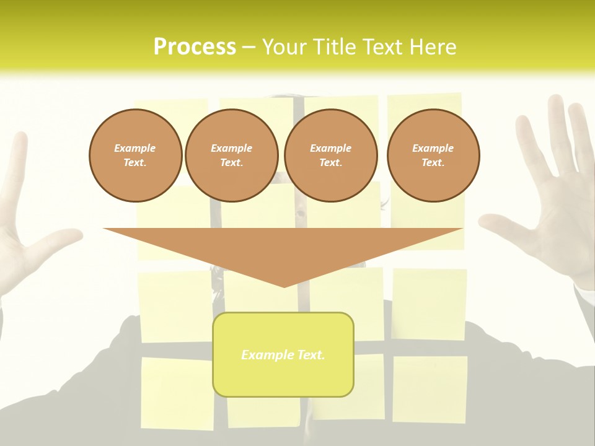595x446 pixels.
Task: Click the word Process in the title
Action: coord(195,47)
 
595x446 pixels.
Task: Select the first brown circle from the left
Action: coord(135,155)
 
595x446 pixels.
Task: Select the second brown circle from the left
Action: coord(231,155)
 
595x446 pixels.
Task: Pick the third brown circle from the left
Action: coord(330,155)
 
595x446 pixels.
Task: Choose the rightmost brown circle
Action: coord(433,155)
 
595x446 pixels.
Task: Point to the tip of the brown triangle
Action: coord(284,286)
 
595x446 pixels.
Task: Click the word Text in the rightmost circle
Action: coord(433,163)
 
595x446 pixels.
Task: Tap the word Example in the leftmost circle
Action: coord(135,148)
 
